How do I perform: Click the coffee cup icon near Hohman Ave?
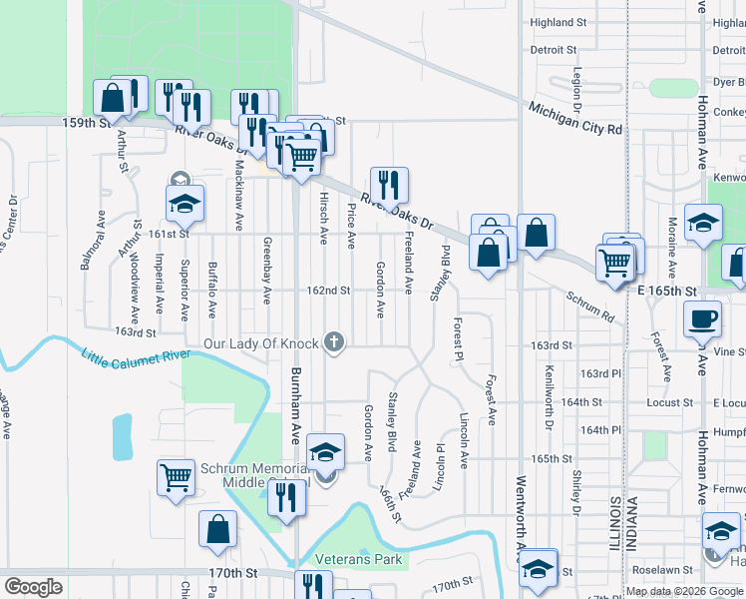[702, 319]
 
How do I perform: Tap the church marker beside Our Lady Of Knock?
[335, 343]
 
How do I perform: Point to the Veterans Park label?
[359, 560]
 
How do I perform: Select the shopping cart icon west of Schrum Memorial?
[176, 477]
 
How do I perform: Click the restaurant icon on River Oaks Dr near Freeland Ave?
[389, 184]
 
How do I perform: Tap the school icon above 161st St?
[185, 204]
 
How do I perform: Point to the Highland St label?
[559, 22]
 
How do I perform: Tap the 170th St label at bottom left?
[239, 573]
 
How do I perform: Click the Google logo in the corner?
[33, 587]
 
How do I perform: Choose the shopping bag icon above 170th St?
[217, 530]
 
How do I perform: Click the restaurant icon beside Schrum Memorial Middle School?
[286, 497]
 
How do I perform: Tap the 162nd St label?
[328, 291]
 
